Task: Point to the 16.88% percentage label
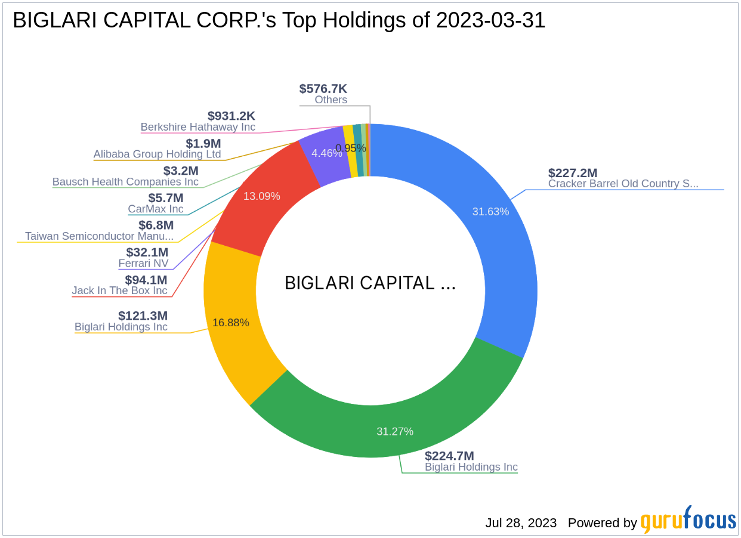pos(230,323)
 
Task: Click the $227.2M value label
pos(573,173)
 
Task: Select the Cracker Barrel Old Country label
pos(623,184)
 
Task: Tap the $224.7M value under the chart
pos(449,456)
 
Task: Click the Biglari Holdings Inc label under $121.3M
pos(121,327)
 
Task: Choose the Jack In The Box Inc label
pos(119,290)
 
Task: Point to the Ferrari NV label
pos(143,263)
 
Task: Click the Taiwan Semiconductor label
pos(99,236)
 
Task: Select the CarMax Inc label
pos(156,209)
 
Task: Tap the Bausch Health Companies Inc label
pos(125,182)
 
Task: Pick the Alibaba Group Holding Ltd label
pos(157,154)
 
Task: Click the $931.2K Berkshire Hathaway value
pos(231,116)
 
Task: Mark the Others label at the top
pos(331,100)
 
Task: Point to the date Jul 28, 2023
pos(520,523)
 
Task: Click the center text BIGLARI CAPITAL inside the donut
pos(370,283)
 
